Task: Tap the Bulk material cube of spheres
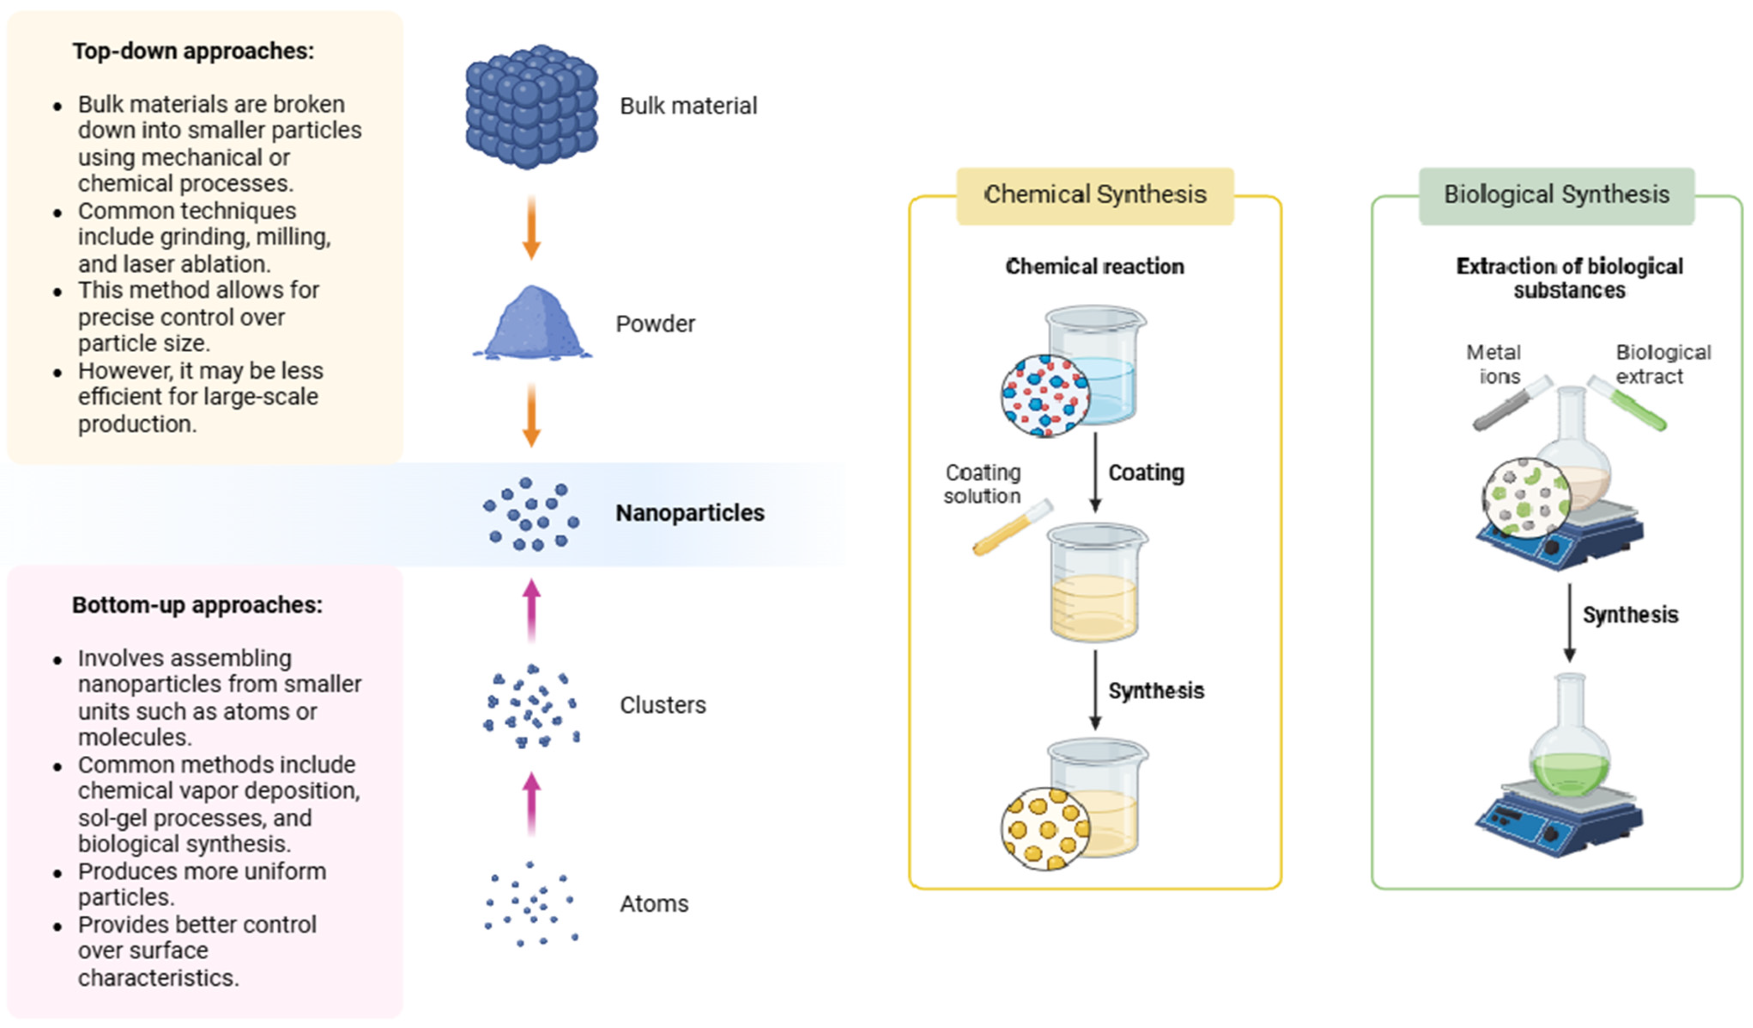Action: [531, 106]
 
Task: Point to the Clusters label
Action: [662, 705]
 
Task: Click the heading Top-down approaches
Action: [193, 52]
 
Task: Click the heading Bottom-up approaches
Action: [197, 605]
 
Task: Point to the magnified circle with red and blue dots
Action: [1046, 396]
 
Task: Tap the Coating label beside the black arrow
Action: [1146, 473]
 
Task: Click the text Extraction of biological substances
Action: [1569, 278]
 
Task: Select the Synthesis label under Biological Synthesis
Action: [1630, 615]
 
